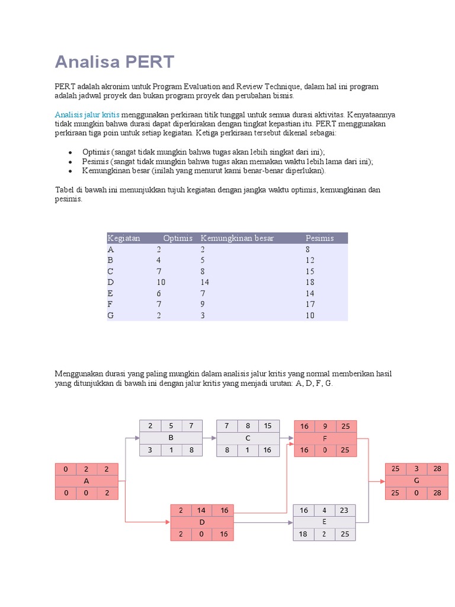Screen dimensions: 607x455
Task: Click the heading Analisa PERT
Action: [114, 62]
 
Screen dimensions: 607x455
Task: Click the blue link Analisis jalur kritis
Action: [87, 114]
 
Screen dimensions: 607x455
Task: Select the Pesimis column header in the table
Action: [319, 238]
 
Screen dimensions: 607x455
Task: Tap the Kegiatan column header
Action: [124, 238]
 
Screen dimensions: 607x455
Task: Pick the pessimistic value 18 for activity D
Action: [310, 282]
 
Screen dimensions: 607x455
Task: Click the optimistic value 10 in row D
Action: [161, 282]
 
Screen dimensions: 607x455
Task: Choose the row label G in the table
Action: [110, 315]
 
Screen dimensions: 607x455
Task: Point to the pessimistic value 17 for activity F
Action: [310, 304]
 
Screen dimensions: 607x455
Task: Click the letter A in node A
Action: [86, 481]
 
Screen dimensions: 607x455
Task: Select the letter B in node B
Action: [171, 438]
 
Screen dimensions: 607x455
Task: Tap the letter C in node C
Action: [248, 438]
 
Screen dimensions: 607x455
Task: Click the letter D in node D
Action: [202, 522]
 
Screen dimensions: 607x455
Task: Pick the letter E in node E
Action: [325, 522]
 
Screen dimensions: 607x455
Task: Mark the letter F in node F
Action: [325, 438]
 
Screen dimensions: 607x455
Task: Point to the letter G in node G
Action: [416, 481]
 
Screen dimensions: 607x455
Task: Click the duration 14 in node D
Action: [202, 510]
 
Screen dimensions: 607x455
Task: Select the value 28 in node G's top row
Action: [437, 469]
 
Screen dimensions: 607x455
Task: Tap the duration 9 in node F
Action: [325, 426]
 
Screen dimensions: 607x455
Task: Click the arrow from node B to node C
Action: [210, 438]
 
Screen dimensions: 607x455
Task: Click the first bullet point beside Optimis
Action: [70, 152]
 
